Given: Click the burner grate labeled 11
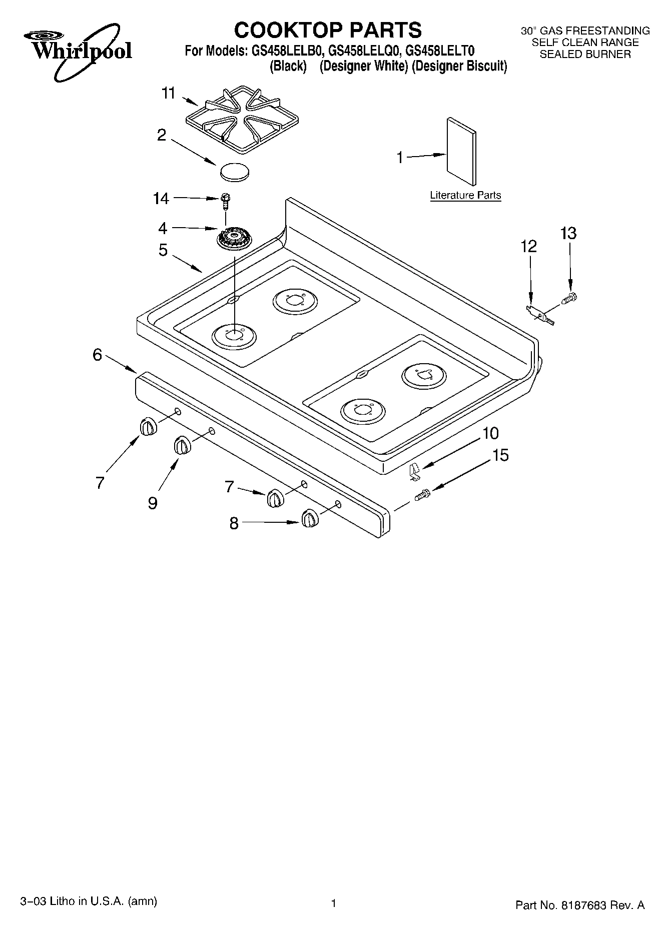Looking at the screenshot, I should coord(242,119).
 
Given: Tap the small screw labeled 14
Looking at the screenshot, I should coord(225,200).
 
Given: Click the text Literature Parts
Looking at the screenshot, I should coord(465,196).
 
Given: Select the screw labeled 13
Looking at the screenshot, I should coord(570,299).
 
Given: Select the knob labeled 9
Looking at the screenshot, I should coord(182,445).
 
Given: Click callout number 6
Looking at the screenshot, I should coord(97,355).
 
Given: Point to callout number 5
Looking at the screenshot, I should coord(163,250).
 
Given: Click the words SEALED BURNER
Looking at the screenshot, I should coord(585,54).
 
